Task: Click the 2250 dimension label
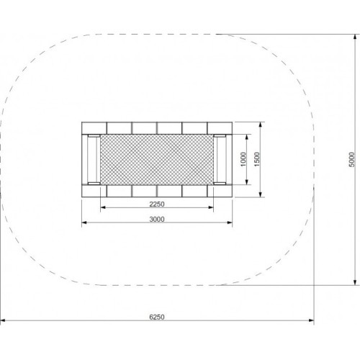coord(157,204)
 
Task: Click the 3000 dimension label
coord(157,218)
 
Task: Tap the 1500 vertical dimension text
coord(257,158)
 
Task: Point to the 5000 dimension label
coord(351,158)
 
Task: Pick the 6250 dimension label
coord(157,317)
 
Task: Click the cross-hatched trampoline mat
coord(157,158)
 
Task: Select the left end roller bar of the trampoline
coord(92,158)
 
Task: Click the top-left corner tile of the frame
coord(94,127)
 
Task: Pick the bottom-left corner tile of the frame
coord(94,190)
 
